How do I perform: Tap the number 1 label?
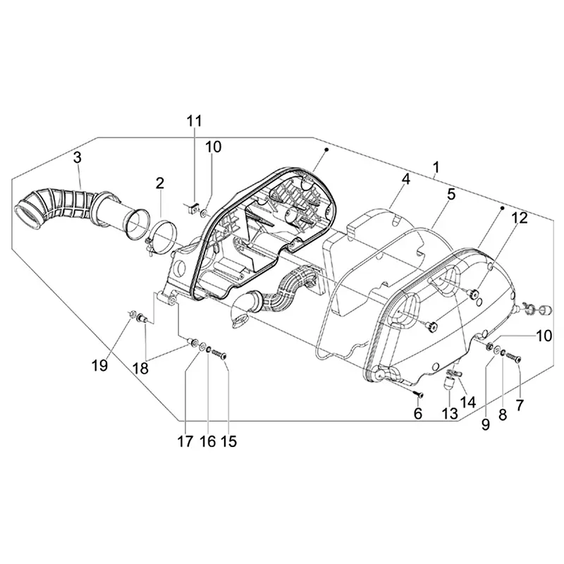coord(436,168)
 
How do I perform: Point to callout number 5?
coord(450,194)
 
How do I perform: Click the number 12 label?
coord(519,219)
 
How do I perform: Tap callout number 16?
coord(208,442)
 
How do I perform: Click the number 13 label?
coord(449,414)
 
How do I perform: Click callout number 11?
coord(194,121)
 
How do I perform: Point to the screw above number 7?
coord(514,358)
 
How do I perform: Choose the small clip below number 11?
coord(190,207)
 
